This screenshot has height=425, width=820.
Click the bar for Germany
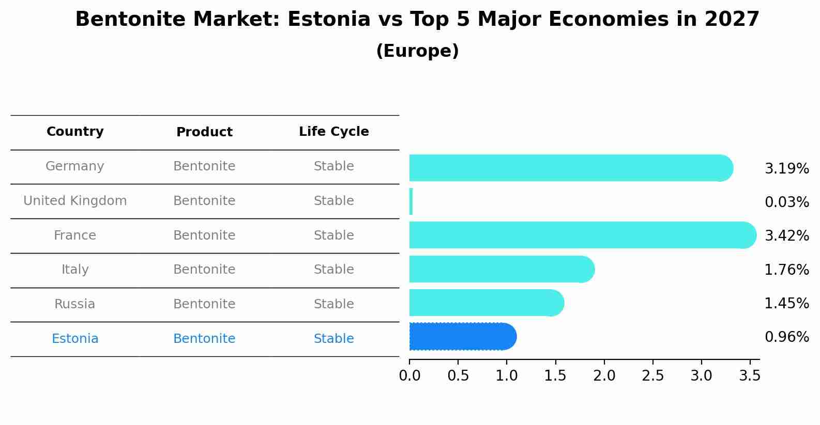click(569, 168)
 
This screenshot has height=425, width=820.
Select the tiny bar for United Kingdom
click(411, 201)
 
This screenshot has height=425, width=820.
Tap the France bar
click(579, 235)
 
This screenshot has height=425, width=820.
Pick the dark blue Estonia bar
click(462, 337)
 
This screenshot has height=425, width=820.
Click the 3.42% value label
click(786, 236)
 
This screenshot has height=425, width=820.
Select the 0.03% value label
click(786, 202)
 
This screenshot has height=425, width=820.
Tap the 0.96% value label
click(786, 337)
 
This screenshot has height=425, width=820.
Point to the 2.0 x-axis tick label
click(604, 376)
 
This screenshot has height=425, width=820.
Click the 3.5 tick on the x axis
click(750, 376)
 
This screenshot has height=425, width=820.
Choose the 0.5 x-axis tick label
click(458, 376)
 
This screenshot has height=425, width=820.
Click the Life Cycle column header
click(333, 132)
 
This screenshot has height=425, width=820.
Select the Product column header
click(204, 132)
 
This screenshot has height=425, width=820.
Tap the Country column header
click(75, 132)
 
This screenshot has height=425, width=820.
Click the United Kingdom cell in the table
click(75, 201)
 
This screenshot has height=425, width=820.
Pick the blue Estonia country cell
click(75, 339)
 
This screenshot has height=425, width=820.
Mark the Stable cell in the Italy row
click(333, 270)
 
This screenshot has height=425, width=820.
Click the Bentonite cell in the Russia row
click(204, 304)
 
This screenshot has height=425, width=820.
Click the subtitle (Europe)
click(417, 51)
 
